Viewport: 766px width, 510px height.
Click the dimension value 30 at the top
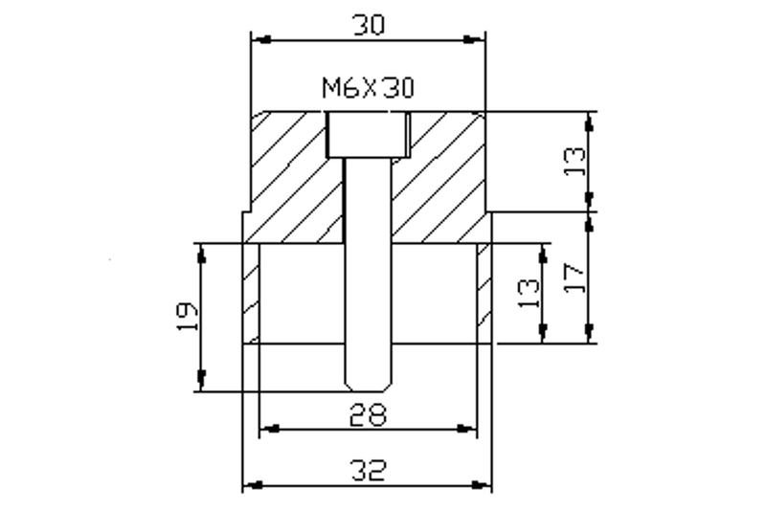(x=368, y=24)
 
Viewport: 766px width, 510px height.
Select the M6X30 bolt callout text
(x=368, y=89)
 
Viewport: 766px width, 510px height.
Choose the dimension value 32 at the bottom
(x=368, y=472)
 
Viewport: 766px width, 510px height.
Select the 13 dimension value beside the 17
(x=527, y=292)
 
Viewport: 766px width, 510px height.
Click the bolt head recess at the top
(x=368, y=134)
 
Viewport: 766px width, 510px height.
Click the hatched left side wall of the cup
(x=251, y=292)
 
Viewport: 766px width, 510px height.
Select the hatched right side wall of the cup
(x=484, y=292)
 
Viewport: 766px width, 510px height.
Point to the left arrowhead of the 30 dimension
(x=260, y=39)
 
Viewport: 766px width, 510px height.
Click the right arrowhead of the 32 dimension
(x=482, y=486)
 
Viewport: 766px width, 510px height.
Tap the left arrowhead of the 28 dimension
(x=271, y=428)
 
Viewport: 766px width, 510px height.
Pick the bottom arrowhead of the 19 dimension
(x=201, y=381)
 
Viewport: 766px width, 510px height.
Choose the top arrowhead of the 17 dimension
(x=591, y=221)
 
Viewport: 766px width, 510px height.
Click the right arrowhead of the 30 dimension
(x=475, y=39)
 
